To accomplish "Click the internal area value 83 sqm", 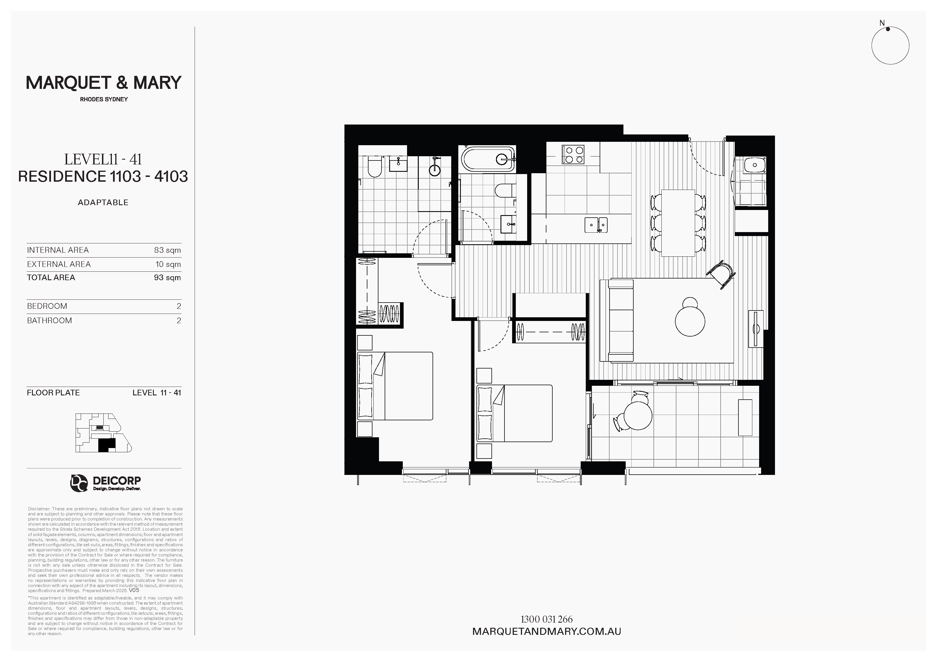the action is tap(167, 250).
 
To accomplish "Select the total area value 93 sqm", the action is tap(167, 277).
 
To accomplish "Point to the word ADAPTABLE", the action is tap(103, 202).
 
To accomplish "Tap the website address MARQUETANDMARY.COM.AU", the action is tap(546, 631).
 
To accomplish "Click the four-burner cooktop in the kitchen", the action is tap(573, 155).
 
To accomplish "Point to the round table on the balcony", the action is tap(638, 416).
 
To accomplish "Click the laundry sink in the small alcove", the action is tap(755, 165).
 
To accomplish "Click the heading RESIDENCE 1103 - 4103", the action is tap(103, 176).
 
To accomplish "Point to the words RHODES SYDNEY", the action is tap(104, 99).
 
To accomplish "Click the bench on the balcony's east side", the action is tap(745, 417).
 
